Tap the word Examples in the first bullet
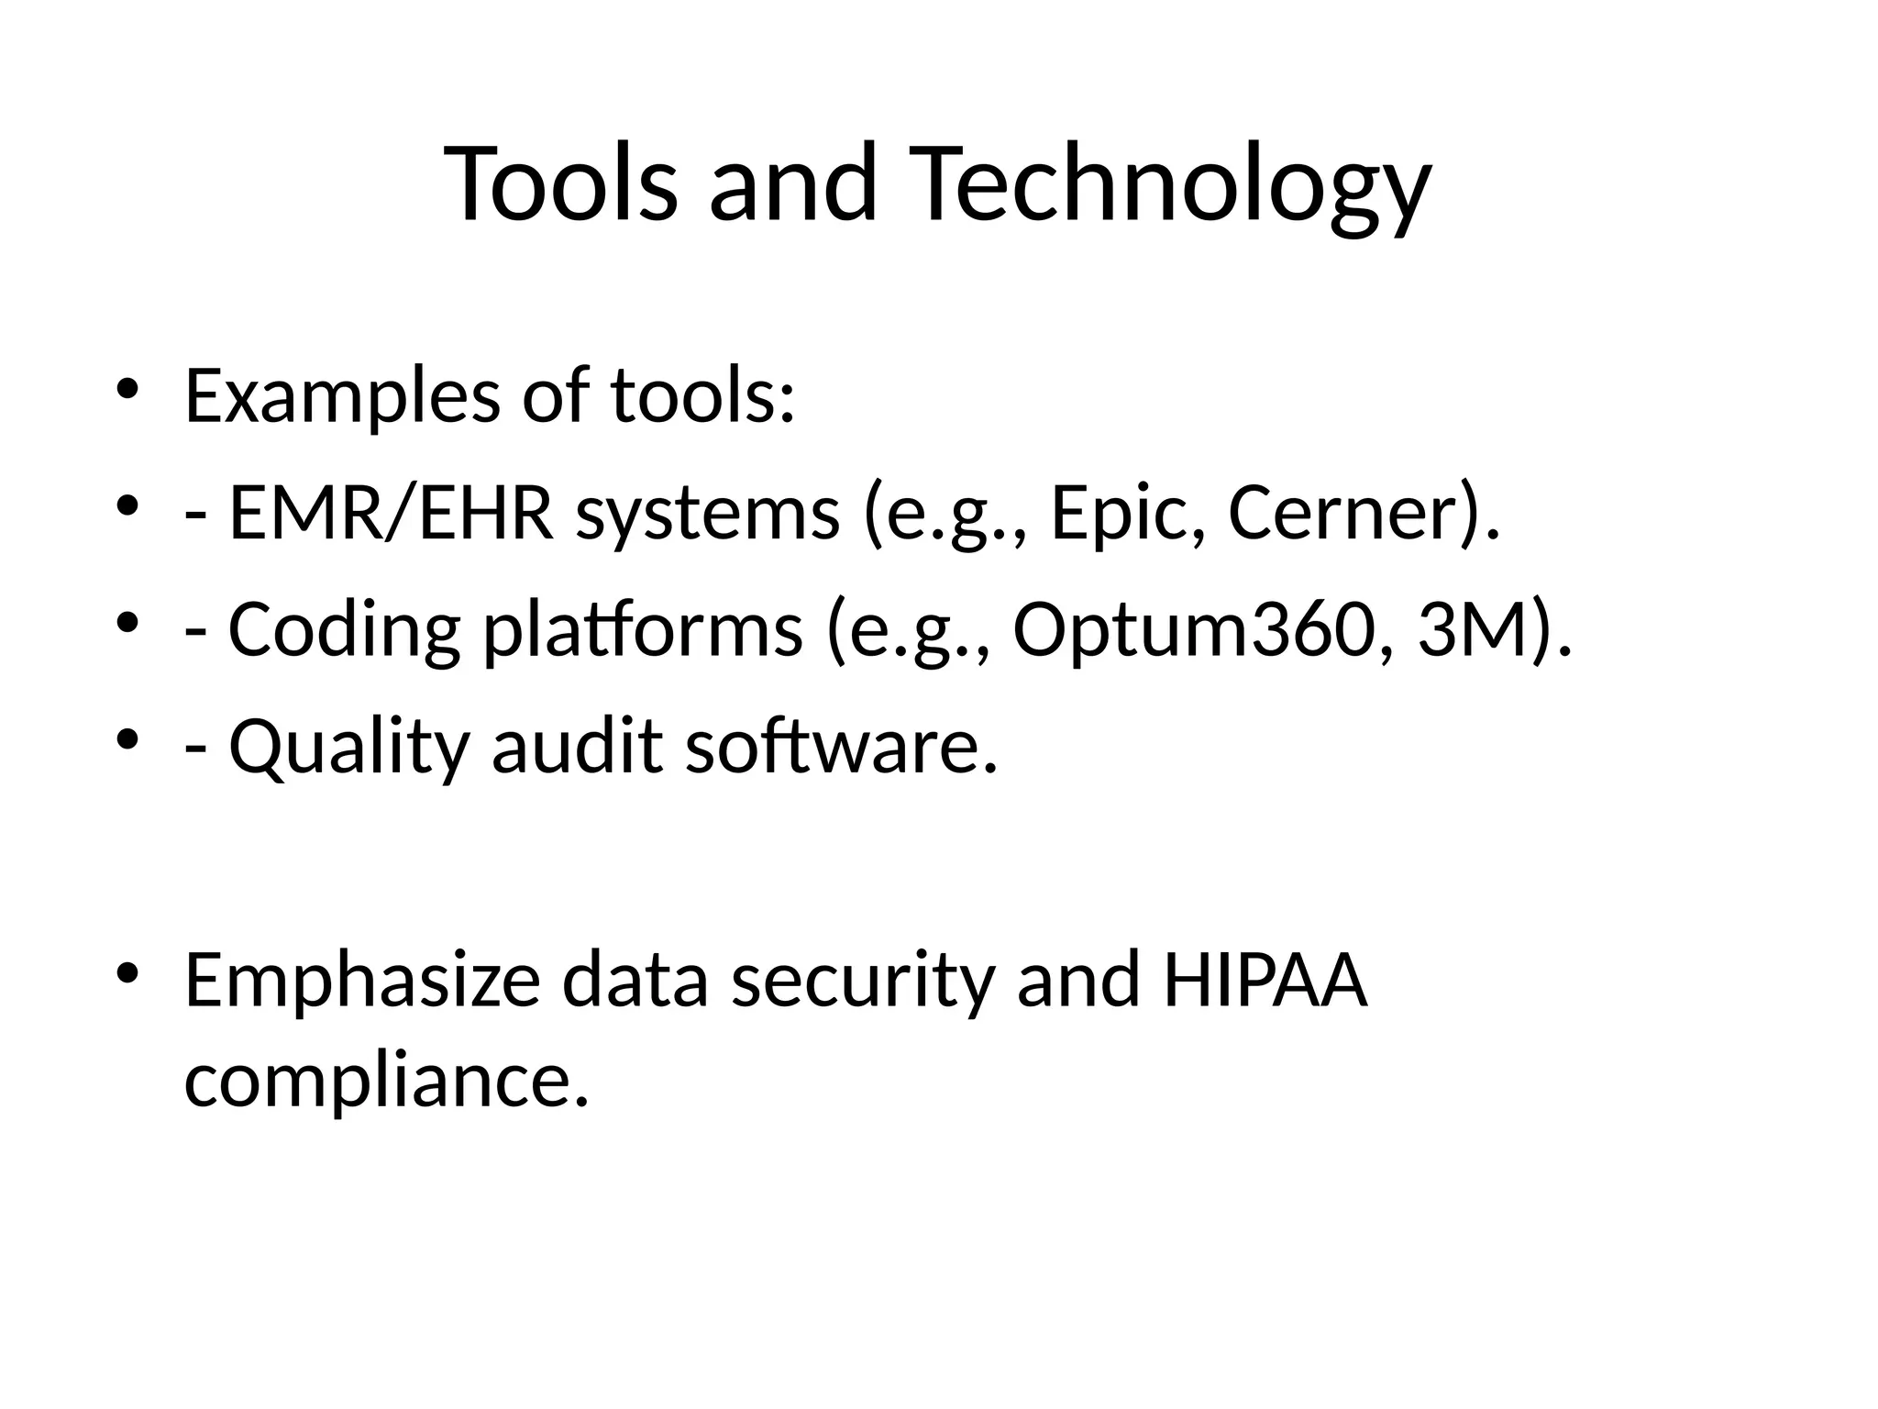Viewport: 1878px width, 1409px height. (342, 396)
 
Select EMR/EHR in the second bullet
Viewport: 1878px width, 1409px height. (392, 514)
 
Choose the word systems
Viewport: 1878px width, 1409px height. (707, 514)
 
